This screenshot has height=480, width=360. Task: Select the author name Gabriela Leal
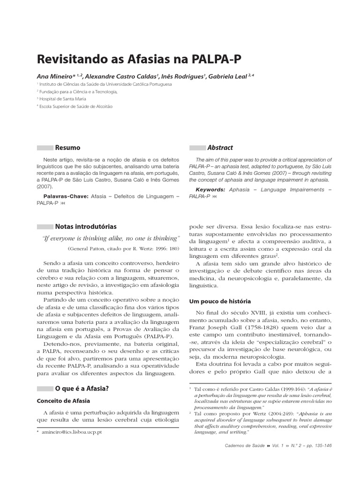tap(227, 76)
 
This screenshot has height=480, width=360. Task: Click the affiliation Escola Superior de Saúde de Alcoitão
tap(76, 106)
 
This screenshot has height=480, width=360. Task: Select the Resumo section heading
tap(67, 148)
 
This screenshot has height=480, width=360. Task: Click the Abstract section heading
tap(220, 148)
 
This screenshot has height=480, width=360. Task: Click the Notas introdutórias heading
tap(86, 226)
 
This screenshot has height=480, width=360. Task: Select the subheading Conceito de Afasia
tap(63, 401)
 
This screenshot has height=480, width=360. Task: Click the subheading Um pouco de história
tap(219, 301)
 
